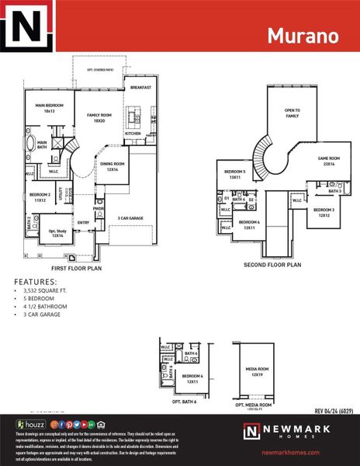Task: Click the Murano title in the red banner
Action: [303, 36]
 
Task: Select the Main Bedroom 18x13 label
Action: [49, 109]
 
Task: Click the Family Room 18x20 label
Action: [99, 117]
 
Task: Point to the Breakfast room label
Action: [140, 88]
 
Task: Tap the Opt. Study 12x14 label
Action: [57, 233]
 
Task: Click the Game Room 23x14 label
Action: [329, 161]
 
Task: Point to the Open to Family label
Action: [292, 113]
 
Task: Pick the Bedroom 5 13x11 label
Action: [235, 174]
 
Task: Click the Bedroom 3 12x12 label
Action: [324, 213]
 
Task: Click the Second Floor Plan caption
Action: [272, 265]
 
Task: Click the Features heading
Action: [36, 282]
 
